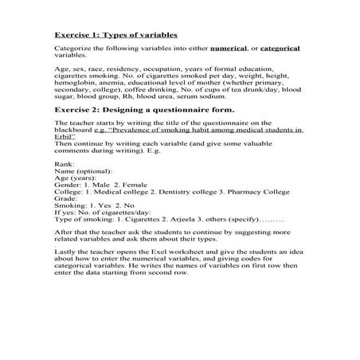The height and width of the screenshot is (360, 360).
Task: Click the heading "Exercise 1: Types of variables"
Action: pyautogui.click(x=115, y=36)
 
